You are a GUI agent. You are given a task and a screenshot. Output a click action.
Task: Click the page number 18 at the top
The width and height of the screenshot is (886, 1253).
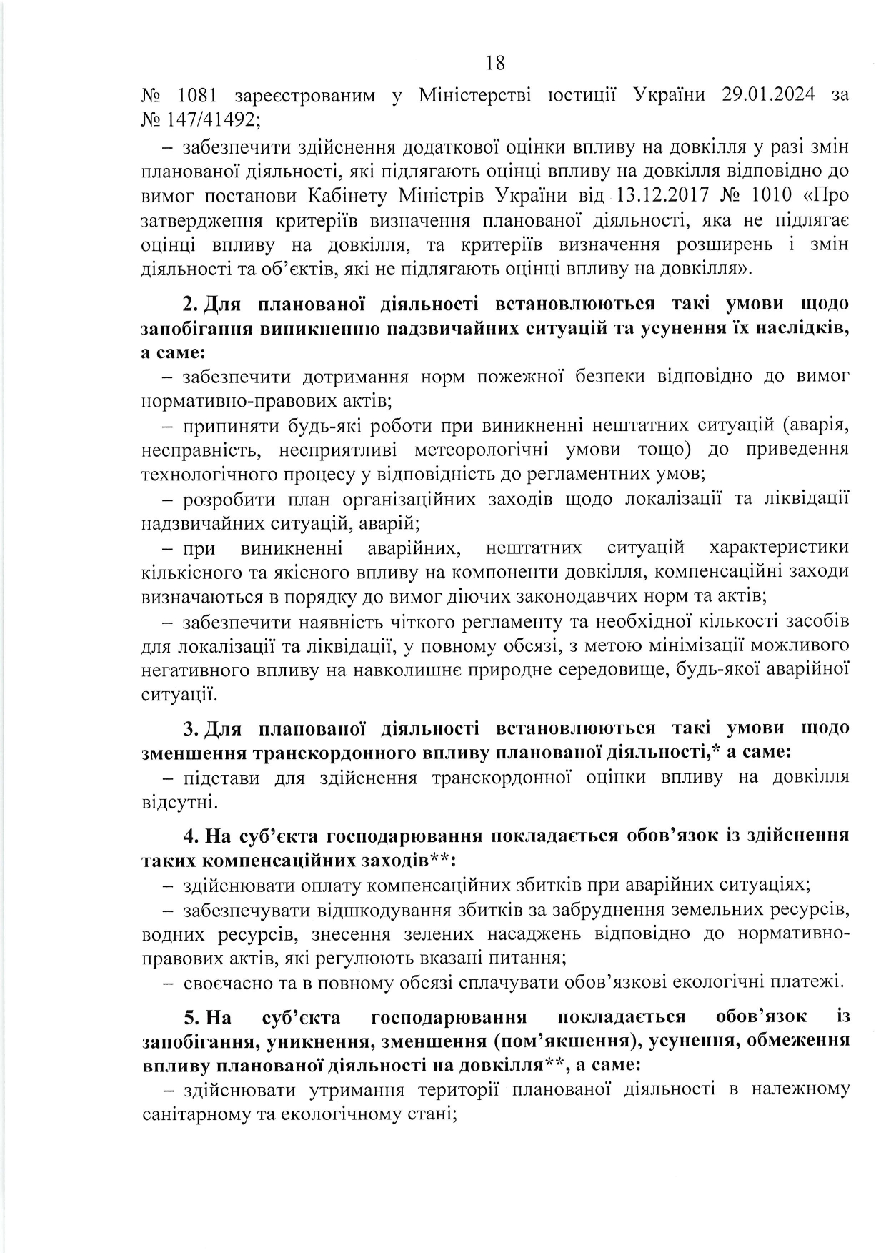495,64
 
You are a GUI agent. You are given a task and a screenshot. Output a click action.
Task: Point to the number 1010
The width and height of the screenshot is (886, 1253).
770,195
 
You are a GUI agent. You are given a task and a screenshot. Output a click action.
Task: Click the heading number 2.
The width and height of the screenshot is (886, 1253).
190,303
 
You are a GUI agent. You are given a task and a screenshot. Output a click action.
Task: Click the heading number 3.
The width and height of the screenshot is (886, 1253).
190,728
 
